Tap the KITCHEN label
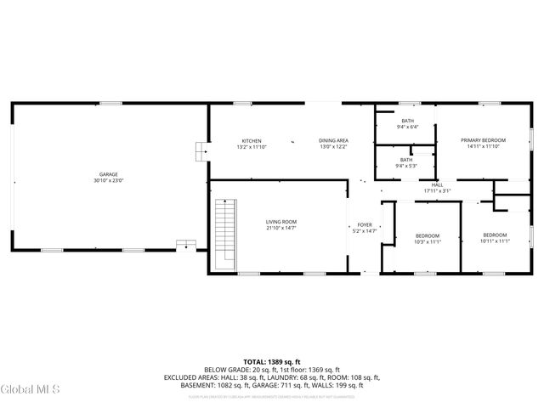[251, 140]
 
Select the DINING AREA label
[333, 140]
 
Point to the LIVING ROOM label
[281, 222]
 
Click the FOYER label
[365, 225]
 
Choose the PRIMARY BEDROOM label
[483, 140]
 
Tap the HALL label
[437, 184]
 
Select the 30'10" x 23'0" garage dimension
[109, 181]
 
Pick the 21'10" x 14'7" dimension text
[281, 228]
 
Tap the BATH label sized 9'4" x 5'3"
[406, 159]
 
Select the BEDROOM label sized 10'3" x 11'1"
[427, 235]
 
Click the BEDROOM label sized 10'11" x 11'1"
[495, 235]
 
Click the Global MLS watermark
[31, 389]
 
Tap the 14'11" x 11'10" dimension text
[483, 146]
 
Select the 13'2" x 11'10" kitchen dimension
[251, 146]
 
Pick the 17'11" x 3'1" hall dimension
[437, 190]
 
